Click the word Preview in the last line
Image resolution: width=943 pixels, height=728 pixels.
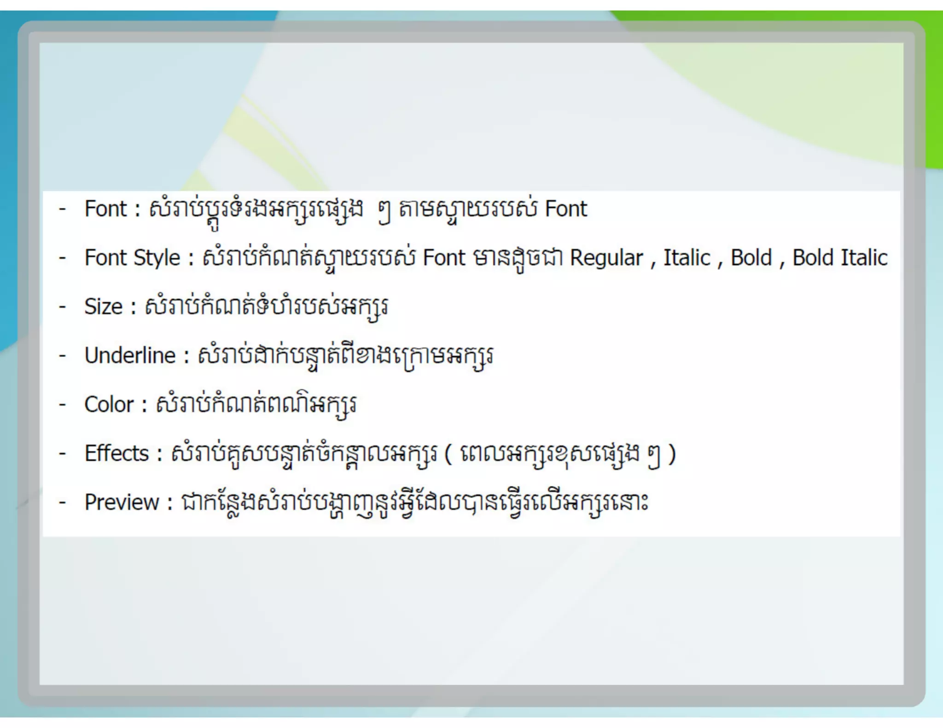[x=122, y=502]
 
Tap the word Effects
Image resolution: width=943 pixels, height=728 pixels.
[x=116, y=453]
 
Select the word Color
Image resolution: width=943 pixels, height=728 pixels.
[x=109, y=404]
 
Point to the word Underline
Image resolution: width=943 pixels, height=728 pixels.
[x=130, y=356]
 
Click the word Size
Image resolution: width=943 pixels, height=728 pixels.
[x=104, y=306]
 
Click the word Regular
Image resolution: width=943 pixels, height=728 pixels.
[x=606, y=258]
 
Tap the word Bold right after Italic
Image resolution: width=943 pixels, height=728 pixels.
[x=751, y=258]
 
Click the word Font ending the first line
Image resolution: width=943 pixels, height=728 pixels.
[x=566, y=209]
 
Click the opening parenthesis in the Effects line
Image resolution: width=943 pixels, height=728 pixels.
[x=448, y=454]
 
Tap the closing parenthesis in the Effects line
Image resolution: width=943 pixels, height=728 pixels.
[x=672, y=454]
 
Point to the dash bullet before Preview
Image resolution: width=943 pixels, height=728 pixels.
[x=63, y=502]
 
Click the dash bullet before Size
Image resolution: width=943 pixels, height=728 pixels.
[x=63, y=306]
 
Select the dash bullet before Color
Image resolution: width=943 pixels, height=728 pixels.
[x=63, y=404]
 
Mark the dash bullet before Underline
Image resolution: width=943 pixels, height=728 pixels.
[x=63, y=356]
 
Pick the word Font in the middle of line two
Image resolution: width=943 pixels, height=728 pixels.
[x=444, y=258]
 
